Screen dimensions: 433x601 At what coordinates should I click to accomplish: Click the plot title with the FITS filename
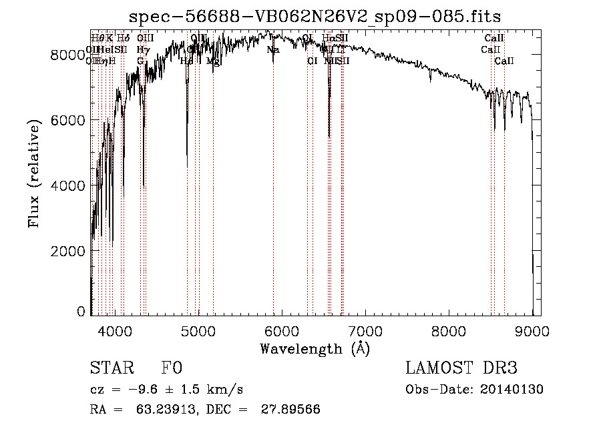pyautogui.click(x=315, y=16)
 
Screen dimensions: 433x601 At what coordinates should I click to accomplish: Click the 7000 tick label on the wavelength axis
pyautogui.click(x=365, y=330)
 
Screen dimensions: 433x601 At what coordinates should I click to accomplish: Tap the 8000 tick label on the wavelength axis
pyautogui.click(x=449, y=330)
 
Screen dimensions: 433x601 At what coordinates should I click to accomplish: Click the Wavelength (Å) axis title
pyautogui.click(x=315, y=348)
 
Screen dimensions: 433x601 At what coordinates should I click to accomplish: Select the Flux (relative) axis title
pyautogui.click(x=35, y=173)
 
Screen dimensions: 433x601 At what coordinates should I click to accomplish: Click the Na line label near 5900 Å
pyautogui.click(x=272, y=50)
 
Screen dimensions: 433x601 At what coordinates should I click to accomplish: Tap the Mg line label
pyautogui.click(x=213, y=61)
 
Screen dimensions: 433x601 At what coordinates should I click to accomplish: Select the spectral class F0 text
pyautogui.click(x=172, y=369)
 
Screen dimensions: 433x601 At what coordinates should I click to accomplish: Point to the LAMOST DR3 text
pyautogui.click(x=461, y=368)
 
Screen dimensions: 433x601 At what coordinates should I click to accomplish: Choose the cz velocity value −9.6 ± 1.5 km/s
pyautogui.click(x=185, y=390)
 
